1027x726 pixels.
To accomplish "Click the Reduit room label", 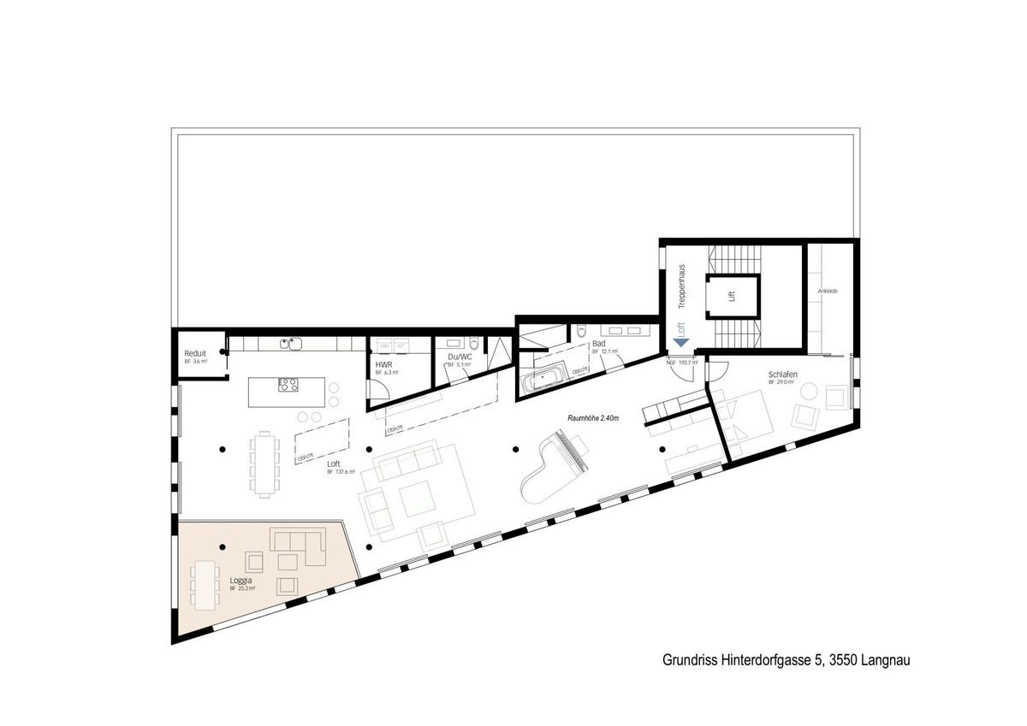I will pyautogui.click(x=195, y=353).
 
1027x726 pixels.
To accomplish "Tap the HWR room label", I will pyautogui.click(x=383, y=364).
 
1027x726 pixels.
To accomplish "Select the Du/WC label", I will pyautogui.click(x=459, y=357).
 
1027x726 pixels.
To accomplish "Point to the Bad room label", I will pyautogui.click(x=598, y=344).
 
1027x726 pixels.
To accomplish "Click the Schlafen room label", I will pyautogui.click(x=783, y=375).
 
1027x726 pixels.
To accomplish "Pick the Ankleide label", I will pyautogui.click(x=827, y=292).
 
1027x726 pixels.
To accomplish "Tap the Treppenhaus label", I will pyautogui.click(x=682, y=286).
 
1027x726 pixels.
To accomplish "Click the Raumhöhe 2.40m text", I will pyautogui.click(x=592, y=418).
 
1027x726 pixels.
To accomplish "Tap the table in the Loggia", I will pyautogui.click(x=204, y=585).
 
